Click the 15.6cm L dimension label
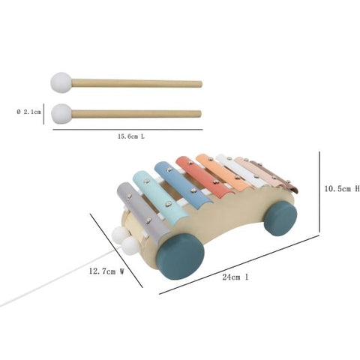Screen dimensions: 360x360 (131, 136)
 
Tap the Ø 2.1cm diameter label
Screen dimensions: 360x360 (28, 112)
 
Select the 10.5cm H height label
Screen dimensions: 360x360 (342, 189)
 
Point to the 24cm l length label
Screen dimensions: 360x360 (235, 277)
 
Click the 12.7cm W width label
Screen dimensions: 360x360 (106, 271)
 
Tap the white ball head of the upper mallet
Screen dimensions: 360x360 (61, 82)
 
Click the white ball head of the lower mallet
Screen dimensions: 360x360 (61, 114)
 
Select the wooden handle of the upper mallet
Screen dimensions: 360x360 (136, 83)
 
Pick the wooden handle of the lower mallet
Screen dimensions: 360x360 (136, 114)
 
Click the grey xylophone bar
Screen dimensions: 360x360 (142, 211)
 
